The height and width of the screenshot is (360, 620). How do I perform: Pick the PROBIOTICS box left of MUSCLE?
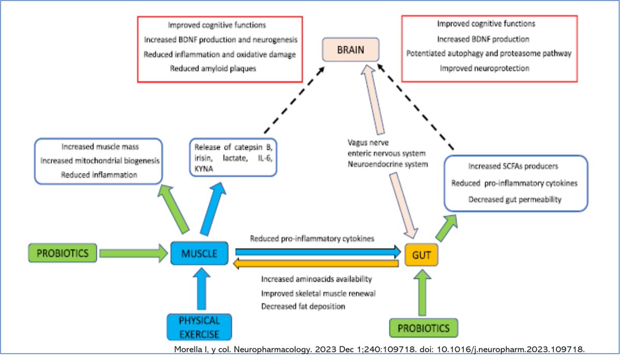pyautogui.click(x=63, y=254)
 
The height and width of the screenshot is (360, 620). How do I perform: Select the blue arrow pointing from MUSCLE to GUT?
pyautogui.click(x=318, y=252)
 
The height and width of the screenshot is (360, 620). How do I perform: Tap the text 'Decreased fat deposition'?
pyautogui.click(x=303, y=306)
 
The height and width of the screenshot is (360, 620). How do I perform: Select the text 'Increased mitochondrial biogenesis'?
pyautogui.click(x=99, y=161)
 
